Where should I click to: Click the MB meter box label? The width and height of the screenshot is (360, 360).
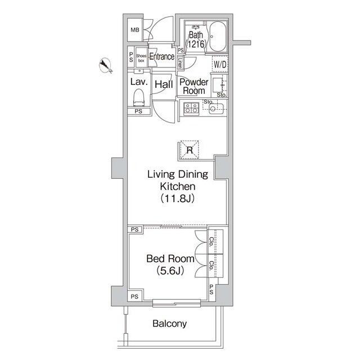point(136,30)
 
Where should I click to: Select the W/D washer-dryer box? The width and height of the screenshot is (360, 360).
point(219,65)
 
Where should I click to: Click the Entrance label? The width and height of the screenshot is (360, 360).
point(161,57)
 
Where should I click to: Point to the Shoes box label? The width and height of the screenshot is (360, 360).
point(141,58)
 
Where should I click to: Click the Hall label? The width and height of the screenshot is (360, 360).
point(164,84)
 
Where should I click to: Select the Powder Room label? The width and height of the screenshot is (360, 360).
point(193,86)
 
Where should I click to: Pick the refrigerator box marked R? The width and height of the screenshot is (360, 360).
point(190,150)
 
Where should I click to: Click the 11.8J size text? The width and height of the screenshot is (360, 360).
point(178,198)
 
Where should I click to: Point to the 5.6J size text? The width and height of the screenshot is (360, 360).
point(170,271)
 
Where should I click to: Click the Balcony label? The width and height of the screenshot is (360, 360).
point(169,324)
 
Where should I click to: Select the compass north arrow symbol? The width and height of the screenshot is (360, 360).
point(105,66)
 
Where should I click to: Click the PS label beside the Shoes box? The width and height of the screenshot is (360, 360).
point(130,58)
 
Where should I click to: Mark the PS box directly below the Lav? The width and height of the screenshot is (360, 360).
point(138,111)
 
